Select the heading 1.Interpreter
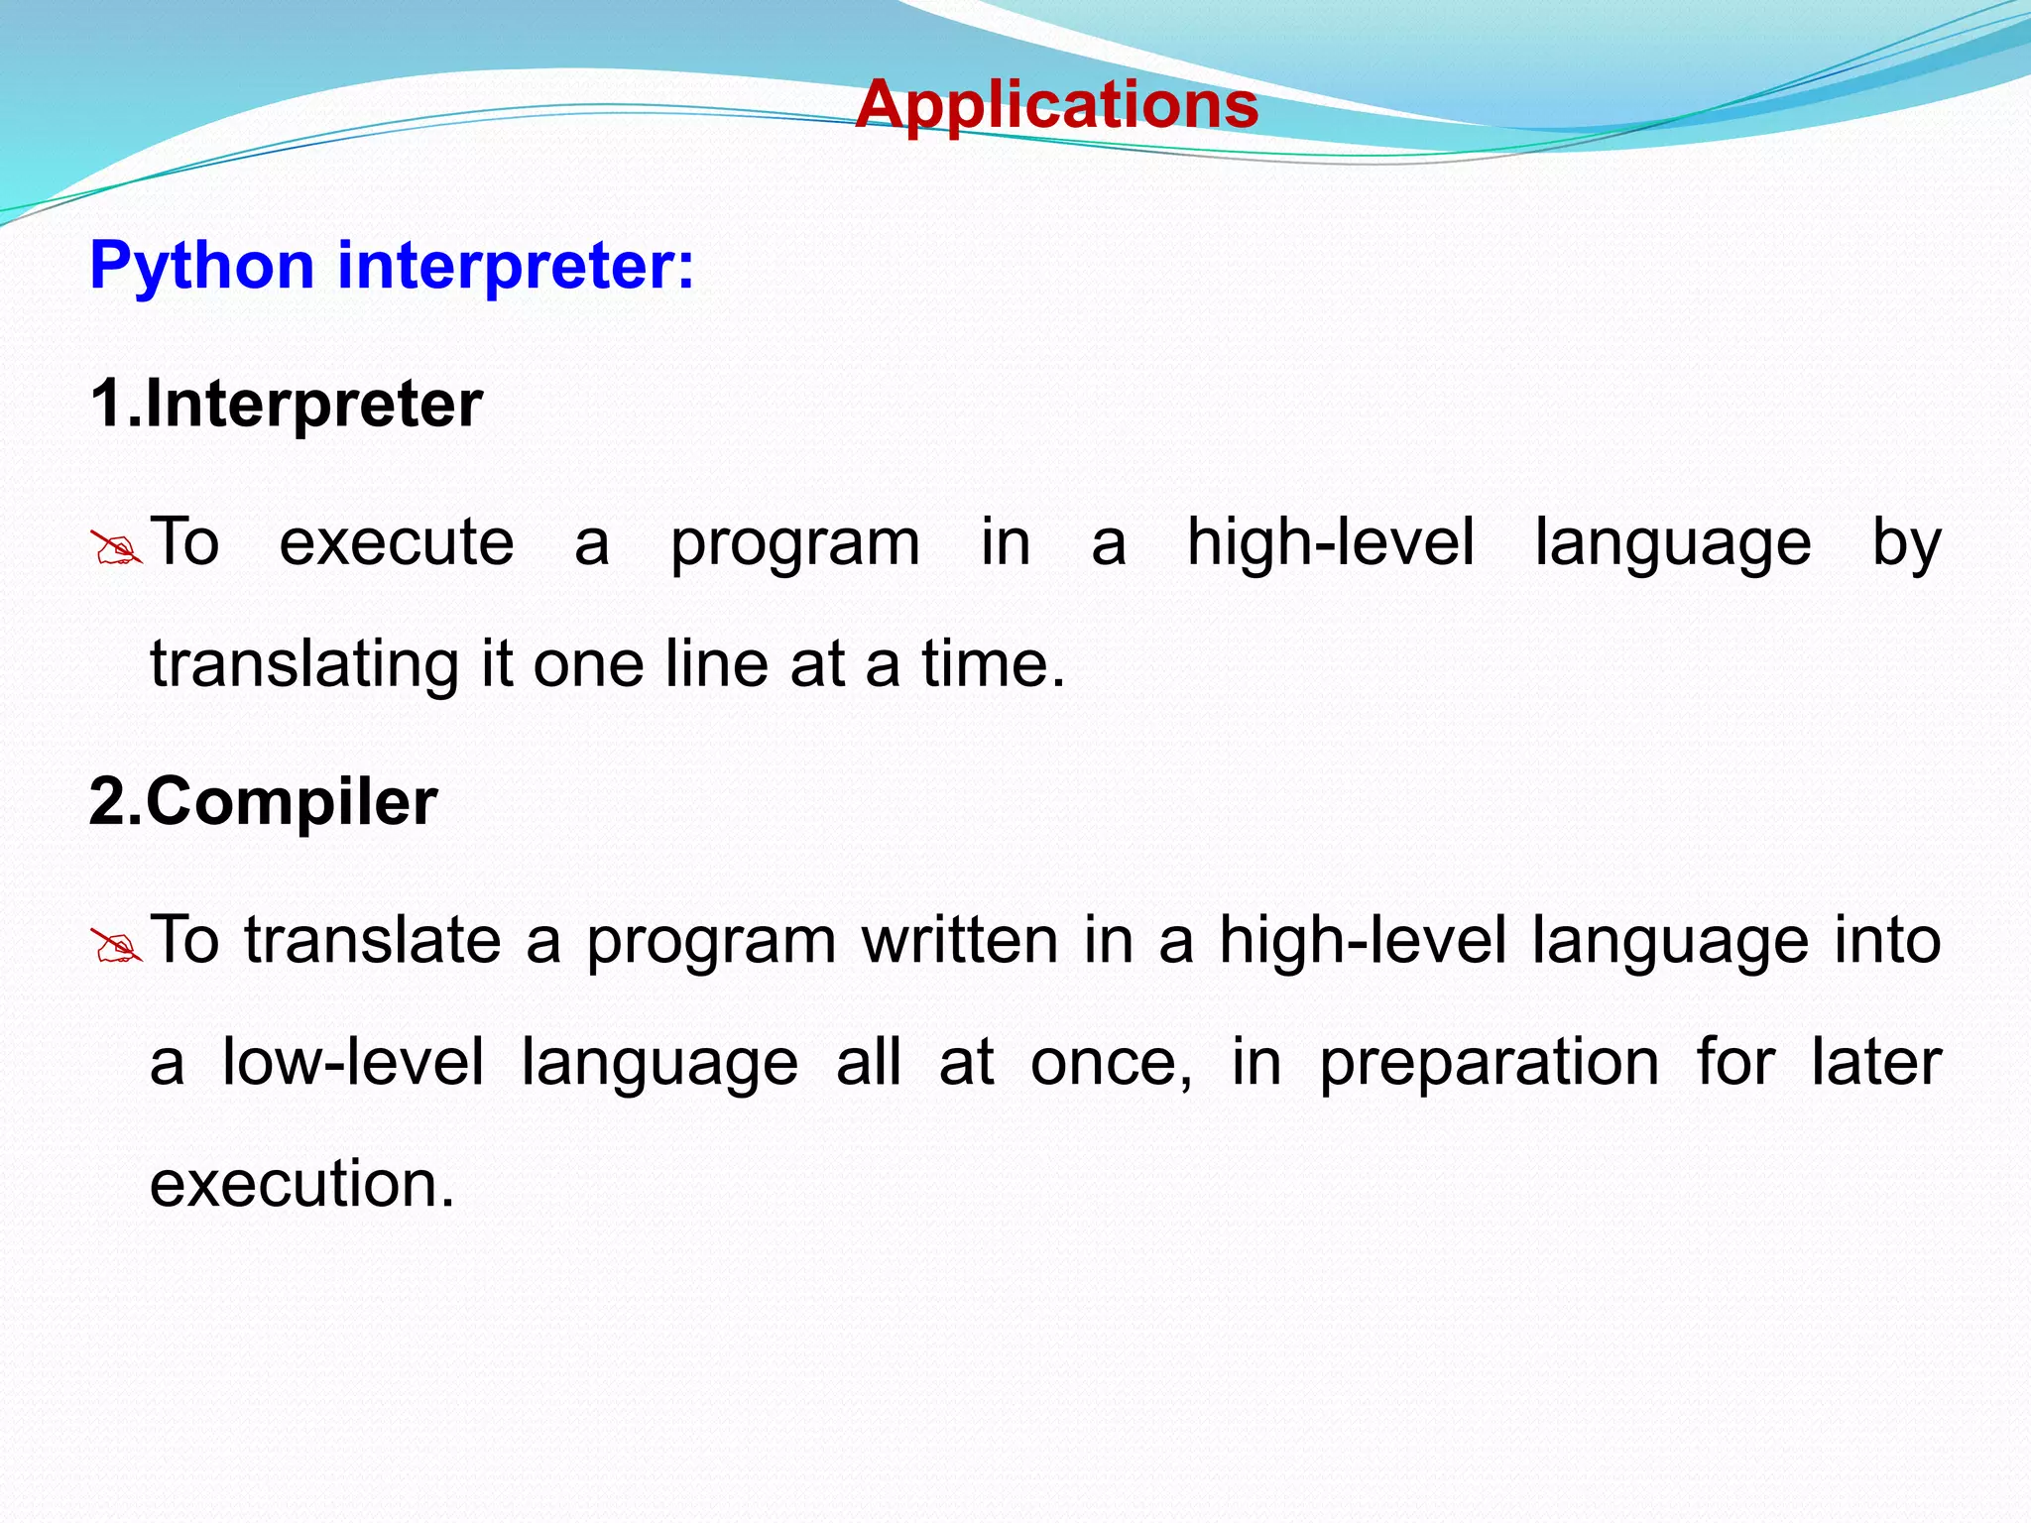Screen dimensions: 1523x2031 point(286,404)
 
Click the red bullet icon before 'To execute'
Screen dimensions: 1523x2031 point(116,547)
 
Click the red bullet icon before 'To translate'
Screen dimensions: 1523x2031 point(116,945)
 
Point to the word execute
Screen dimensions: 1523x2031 point(397,543)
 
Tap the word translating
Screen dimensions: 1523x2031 point(304,664)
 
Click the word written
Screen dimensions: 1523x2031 point(960,940)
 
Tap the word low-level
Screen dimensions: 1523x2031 point(353,1062)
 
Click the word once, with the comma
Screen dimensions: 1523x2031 point(1112,1062)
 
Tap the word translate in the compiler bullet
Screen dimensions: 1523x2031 point(373,940)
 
